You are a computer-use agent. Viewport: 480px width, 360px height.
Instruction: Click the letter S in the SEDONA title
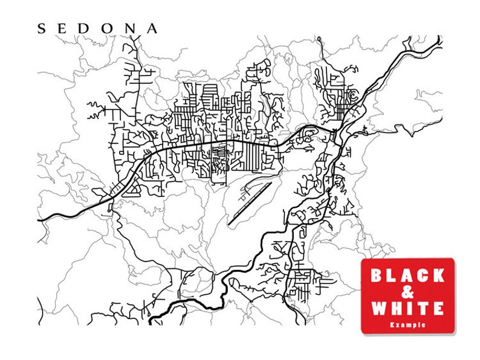click(x=42, y=28)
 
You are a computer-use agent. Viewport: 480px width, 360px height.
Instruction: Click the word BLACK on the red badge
click(x=407, y=276)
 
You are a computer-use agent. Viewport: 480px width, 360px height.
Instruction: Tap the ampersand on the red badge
click(x=407, y=292)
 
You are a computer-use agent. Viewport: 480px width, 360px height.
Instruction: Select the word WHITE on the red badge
click(x=407, y=309)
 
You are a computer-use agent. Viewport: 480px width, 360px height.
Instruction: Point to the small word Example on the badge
click(x=407, y=324)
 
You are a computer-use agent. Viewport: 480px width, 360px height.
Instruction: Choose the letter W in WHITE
click(x=379, y=309)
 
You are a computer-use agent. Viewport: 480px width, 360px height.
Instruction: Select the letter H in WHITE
click(x=397, y=309)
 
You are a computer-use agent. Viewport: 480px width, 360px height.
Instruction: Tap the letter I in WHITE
click(x=410, y=309)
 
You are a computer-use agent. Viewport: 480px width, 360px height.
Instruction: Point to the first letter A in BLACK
click(x=407, y=276)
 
